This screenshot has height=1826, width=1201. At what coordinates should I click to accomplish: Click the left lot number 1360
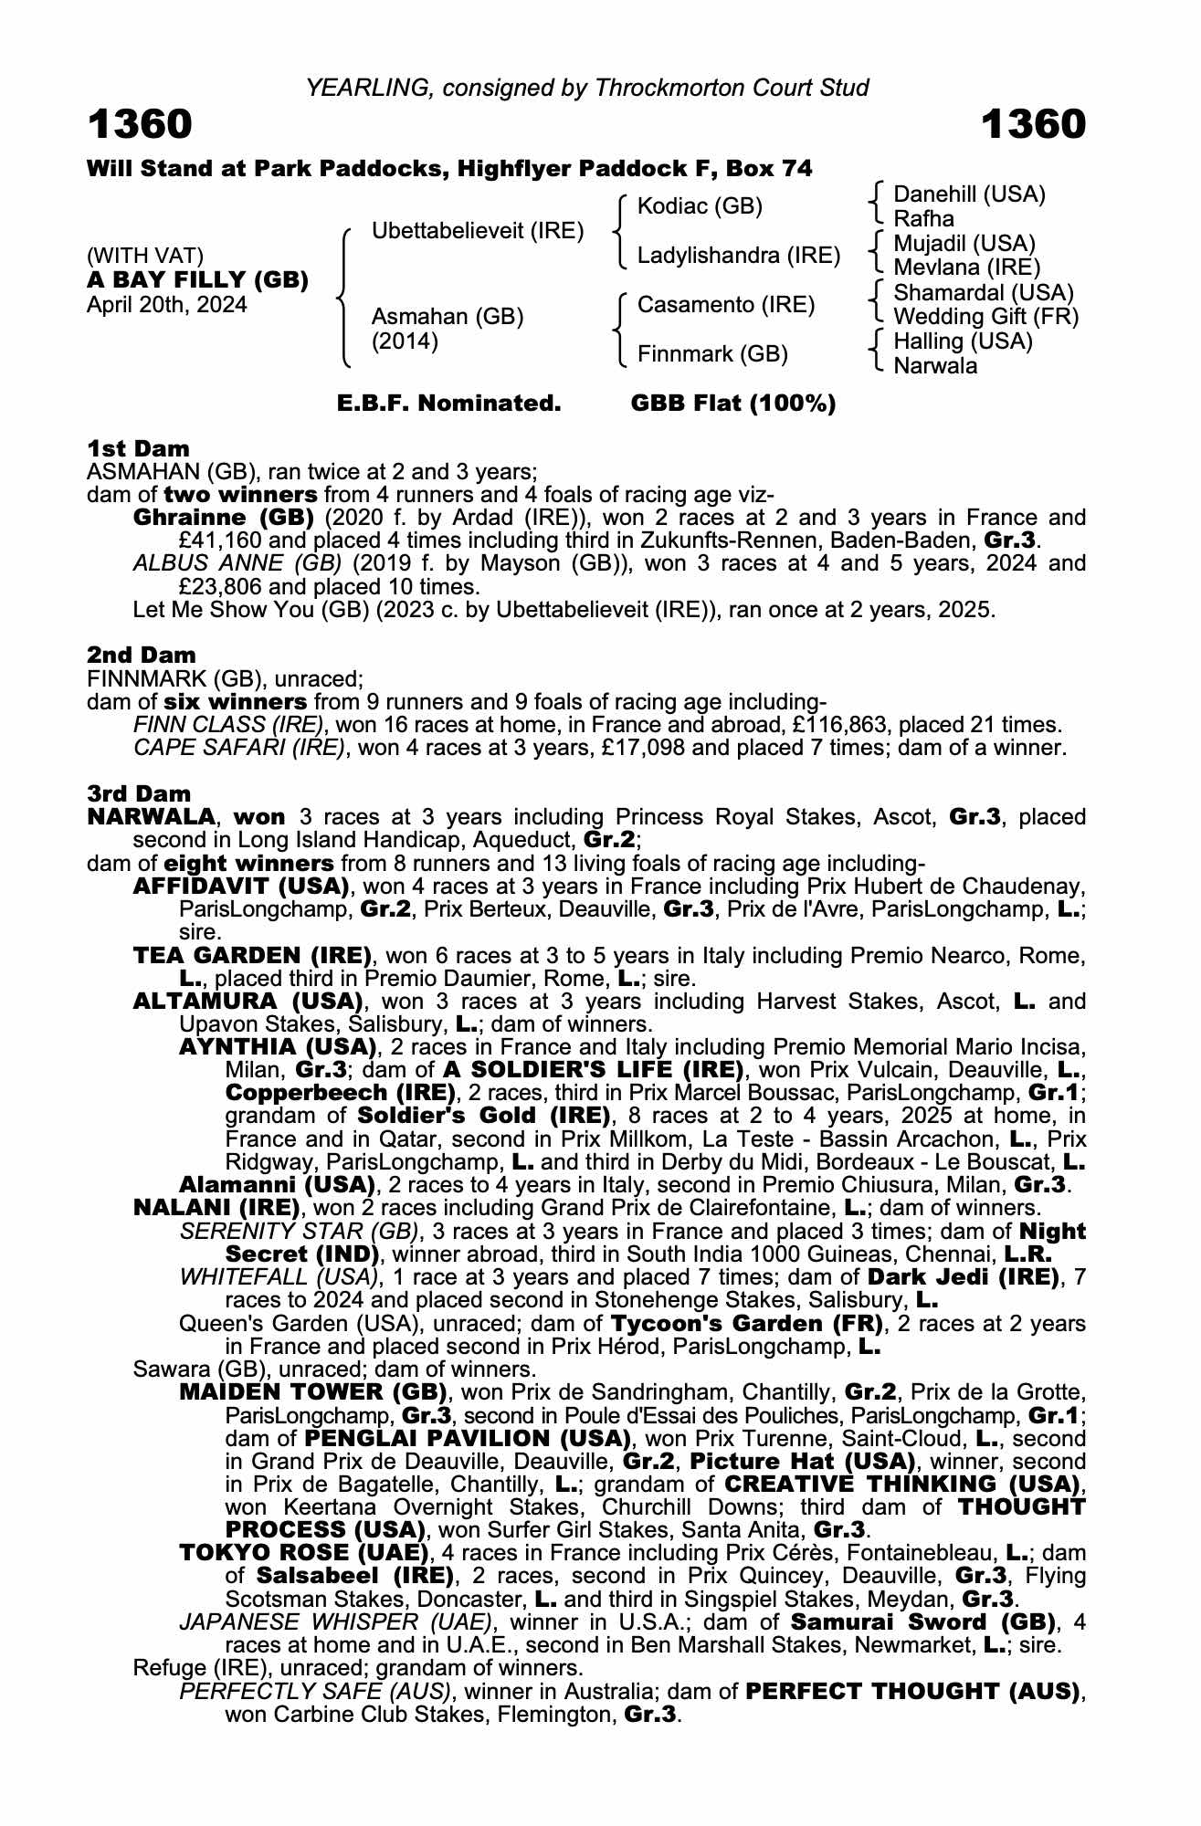[x=140, y=124]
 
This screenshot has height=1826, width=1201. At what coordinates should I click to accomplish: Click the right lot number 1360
[x=1034, y=124]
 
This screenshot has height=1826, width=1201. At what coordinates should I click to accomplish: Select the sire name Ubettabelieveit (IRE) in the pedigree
[x=478, y=231]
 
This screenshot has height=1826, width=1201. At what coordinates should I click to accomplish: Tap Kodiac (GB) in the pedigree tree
[x=700, y=206]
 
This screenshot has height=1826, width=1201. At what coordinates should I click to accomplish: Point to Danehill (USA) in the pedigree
[x=969, y=194]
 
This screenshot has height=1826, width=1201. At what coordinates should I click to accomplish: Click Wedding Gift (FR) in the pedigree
[x=985, y=317]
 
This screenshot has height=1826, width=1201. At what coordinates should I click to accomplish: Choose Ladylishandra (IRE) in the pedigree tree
[x=738, y=256]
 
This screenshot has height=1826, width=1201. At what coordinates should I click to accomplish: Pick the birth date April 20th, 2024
[x=167, y=305]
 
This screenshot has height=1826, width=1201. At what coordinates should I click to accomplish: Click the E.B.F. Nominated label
[x=448, y=404]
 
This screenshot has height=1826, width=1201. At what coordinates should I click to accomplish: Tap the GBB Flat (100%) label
[x=733, y=404]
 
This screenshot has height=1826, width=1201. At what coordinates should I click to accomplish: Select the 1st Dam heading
[x=138, y=448]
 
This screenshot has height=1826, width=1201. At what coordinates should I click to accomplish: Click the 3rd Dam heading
[x=139, y=793]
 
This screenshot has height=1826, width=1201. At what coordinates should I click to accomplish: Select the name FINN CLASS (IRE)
[x=228, y=725]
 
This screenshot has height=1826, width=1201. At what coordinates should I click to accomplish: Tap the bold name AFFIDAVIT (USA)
[x=241, y=886]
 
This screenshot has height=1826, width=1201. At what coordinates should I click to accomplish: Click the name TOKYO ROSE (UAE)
[x=303, y=1553]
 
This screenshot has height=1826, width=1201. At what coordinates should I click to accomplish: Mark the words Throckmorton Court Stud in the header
[x=732, y=88]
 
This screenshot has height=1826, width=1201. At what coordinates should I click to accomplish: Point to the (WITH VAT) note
[x=145, y=256]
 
